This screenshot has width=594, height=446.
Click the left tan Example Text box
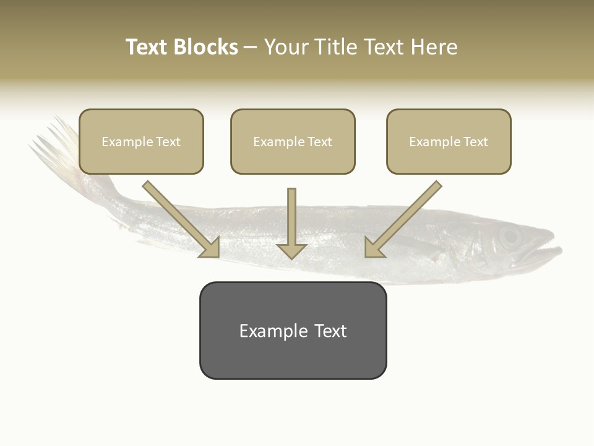[x=141, y=141]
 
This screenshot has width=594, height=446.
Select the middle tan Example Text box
[x=293, y=141]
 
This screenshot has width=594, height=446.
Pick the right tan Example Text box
[x=449, y=141]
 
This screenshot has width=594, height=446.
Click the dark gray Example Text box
[x=293, y=330]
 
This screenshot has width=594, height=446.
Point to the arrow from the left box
[x=182, y=220]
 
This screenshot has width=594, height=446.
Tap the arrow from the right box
[x=402, y=220]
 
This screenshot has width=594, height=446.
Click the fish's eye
[x=509, y=237]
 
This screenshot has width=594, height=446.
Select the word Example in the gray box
[x=273, y=331]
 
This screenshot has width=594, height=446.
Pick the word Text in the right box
[x=475, y=142]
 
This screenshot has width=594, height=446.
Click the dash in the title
[x=251, y=48]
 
